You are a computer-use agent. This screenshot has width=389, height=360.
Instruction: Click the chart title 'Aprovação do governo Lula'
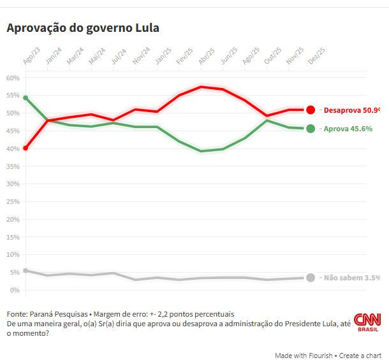pos(82,29)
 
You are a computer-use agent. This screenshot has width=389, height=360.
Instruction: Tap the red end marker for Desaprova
pos(311,110)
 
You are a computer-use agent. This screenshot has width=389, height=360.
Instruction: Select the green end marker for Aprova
pos(311,129)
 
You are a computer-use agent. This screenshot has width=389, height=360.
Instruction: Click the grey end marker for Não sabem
pos(311,278)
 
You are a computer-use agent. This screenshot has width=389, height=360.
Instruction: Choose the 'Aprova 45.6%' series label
pos(348,129)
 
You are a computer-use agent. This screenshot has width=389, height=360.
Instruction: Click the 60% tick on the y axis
pos(13,78)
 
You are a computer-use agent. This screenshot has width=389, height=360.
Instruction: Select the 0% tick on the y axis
pos(15,290)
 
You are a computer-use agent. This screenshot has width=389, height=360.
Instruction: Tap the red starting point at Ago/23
pos(25,148)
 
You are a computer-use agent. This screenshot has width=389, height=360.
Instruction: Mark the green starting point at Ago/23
pos(25,97)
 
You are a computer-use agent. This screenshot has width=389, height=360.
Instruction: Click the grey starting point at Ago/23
pos(25,271)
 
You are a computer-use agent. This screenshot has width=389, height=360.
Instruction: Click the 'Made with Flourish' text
pos(304,355)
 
